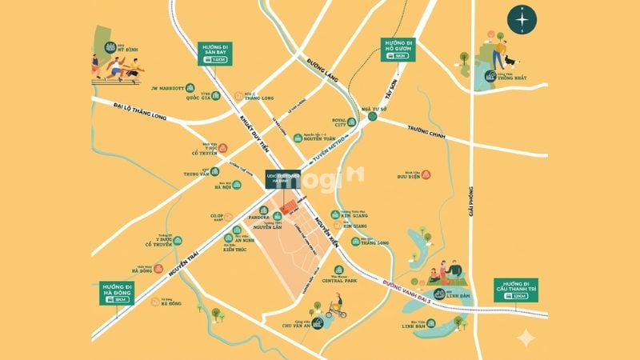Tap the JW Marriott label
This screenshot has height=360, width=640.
click(x=168, y=87)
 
